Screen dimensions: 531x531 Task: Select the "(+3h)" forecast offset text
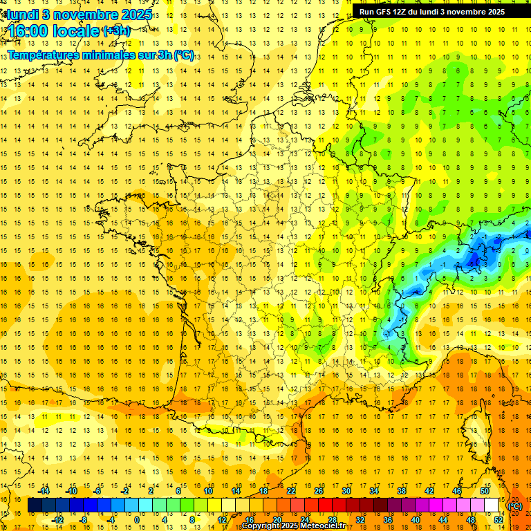point(115,31)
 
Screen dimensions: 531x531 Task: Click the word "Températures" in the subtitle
point(43,55)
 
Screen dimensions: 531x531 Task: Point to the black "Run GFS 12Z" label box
point(431,11)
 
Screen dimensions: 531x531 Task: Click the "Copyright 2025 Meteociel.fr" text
point(293,526)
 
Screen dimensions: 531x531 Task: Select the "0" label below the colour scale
point(136,519)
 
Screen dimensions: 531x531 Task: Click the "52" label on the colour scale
point(499,519)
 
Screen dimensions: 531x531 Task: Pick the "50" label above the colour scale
point(485,491)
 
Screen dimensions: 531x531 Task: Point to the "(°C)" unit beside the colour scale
point(515,506)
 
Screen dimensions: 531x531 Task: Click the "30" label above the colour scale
point(346,491)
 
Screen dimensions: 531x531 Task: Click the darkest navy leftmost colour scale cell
point(35,505)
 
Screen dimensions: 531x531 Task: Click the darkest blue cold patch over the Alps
point(474,260)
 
